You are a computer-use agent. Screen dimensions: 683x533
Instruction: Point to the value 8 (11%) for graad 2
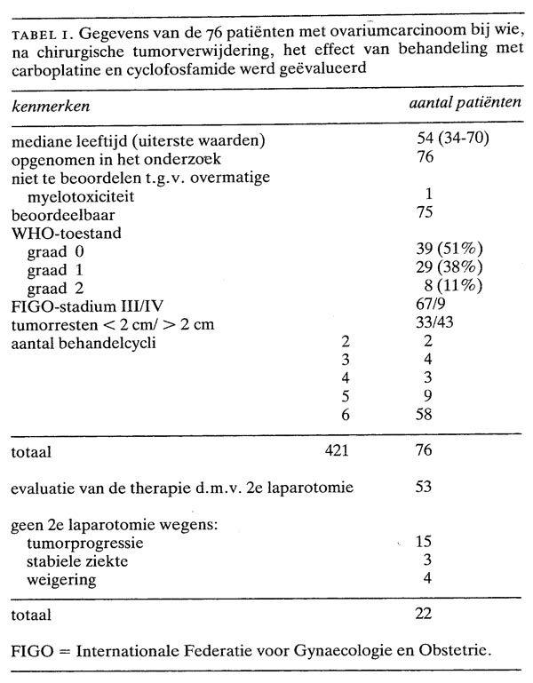click(x=453, y=284)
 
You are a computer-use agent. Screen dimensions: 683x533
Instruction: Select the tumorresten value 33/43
click(x=434, y=324)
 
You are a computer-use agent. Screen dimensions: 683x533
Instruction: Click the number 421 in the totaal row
click(x=338, y=450)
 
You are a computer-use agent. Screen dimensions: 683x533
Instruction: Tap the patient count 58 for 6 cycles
click(x=425, y=414)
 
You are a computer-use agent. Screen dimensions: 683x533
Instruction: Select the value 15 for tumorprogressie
click(x=424, y=541)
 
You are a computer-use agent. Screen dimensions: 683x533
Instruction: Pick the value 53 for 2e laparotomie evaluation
click(x=425, y=486)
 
